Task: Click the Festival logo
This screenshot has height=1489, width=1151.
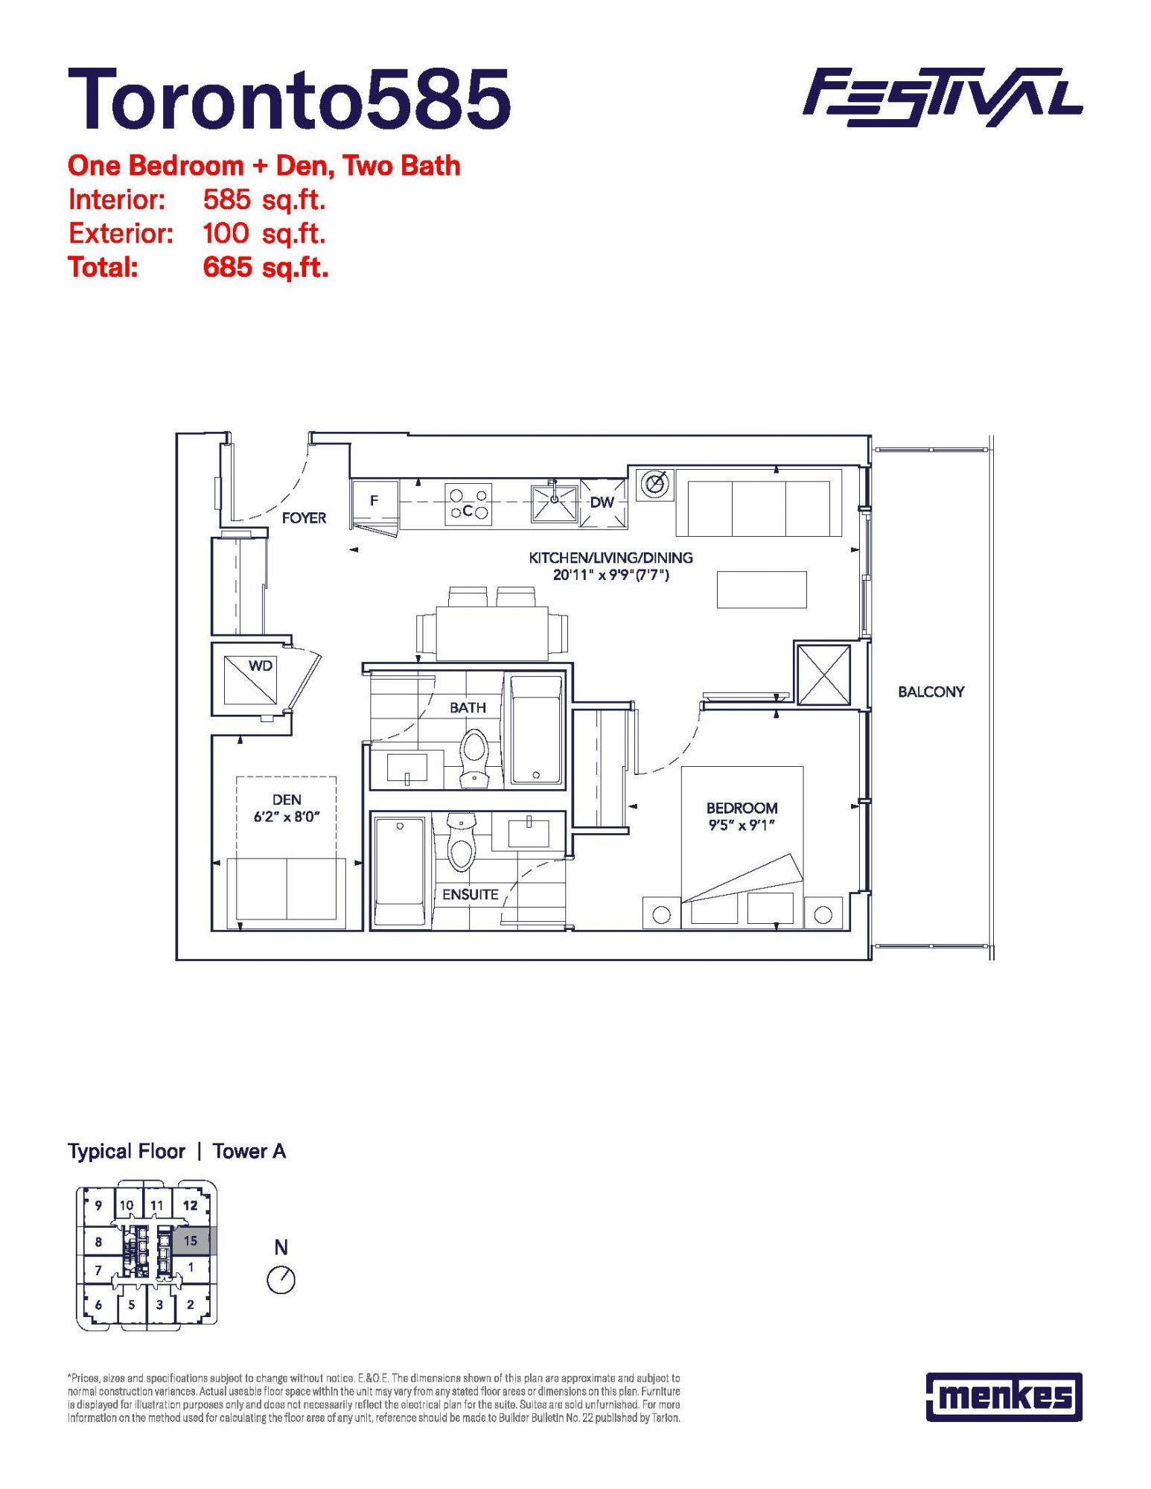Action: coord(942,97)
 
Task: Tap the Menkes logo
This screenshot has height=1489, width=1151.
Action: coord(1004,1397)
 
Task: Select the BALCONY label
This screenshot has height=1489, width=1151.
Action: coord(931,692)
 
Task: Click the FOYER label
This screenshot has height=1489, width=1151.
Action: coord(304,517)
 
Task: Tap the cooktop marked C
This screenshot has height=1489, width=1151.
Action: coord(468,503)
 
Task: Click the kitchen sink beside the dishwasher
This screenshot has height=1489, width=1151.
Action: coord(555,503)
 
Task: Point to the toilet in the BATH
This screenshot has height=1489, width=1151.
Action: coord(474,757)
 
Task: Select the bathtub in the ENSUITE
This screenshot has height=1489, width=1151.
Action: coord(400,871)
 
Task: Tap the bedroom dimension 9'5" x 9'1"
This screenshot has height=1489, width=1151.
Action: coord(742,825)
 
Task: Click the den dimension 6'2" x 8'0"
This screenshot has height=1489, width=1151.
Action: coord(287,817)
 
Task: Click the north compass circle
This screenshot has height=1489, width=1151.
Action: coord(281,1281)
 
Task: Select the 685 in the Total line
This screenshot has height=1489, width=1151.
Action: coord(228,267)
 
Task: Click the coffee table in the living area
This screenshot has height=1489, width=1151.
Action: coord(762,589)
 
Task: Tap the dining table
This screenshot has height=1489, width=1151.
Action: coord(492,634)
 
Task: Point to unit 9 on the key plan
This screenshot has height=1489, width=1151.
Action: coord(98,1205)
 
